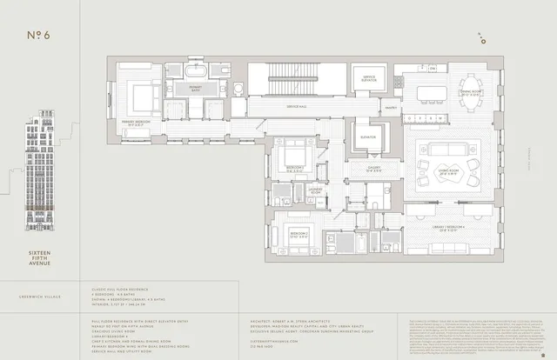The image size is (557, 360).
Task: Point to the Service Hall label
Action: click(x=299, y=106)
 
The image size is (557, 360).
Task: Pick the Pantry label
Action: click(x=392, y=108)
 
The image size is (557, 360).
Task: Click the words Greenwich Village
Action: click(x=39, y=295)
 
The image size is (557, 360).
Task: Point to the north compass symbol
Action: click(x=481, y=37)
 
